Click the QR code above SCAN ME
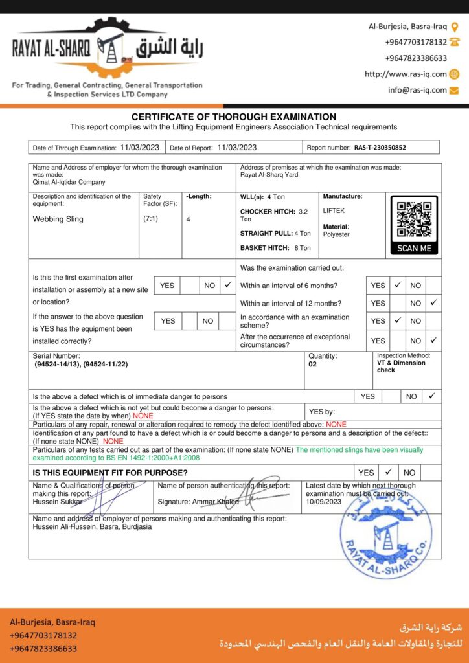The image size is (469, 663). [414, 219]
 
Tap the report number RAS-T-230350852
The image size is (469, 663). [380, 148]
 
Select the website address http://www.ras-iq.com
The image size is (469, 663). [406, 74]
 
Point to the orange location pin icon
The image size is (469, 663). [454, 27]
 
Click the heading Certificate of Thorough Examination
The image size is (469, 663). [234, 117]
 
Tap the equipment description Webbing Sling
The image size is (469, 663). [58, 219]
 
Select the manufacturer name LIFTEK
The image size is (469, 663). [334, 211]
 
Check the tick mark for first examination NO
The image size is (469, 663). [227, 285]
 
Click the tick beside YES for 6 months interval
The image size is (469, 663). [398, 285]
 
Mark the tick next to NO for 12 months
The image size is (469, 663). [433, 302]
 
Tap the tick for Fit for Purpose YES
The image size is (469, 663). [388, 473]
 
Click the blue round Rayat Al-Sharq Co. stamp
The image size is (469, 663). [387, 532]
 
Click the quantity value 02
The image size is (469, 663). [313, 364]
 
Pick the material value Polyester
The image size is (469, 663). [336, 234]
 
